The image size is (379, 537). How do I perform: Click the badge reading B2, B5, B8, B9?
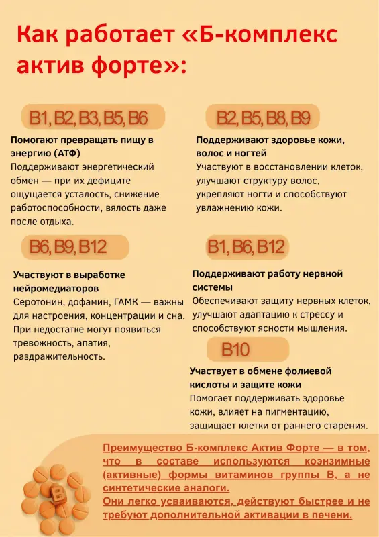point(263,119)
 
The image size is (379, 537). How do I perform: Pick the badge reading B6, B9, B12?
point(68,247)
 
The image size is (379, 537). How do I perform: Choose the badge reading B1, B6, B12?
point(246,247)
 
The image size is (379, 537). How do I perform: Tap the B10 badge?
point(235,350)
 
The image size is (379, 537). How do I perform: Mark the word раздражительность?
point(59,356)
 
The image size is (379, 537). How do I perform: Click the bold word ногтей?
point(258,154)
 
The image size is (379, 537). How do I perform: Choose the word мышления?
point(323,329)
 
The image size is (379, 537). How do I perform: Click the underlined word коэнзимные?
point(331,462)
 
